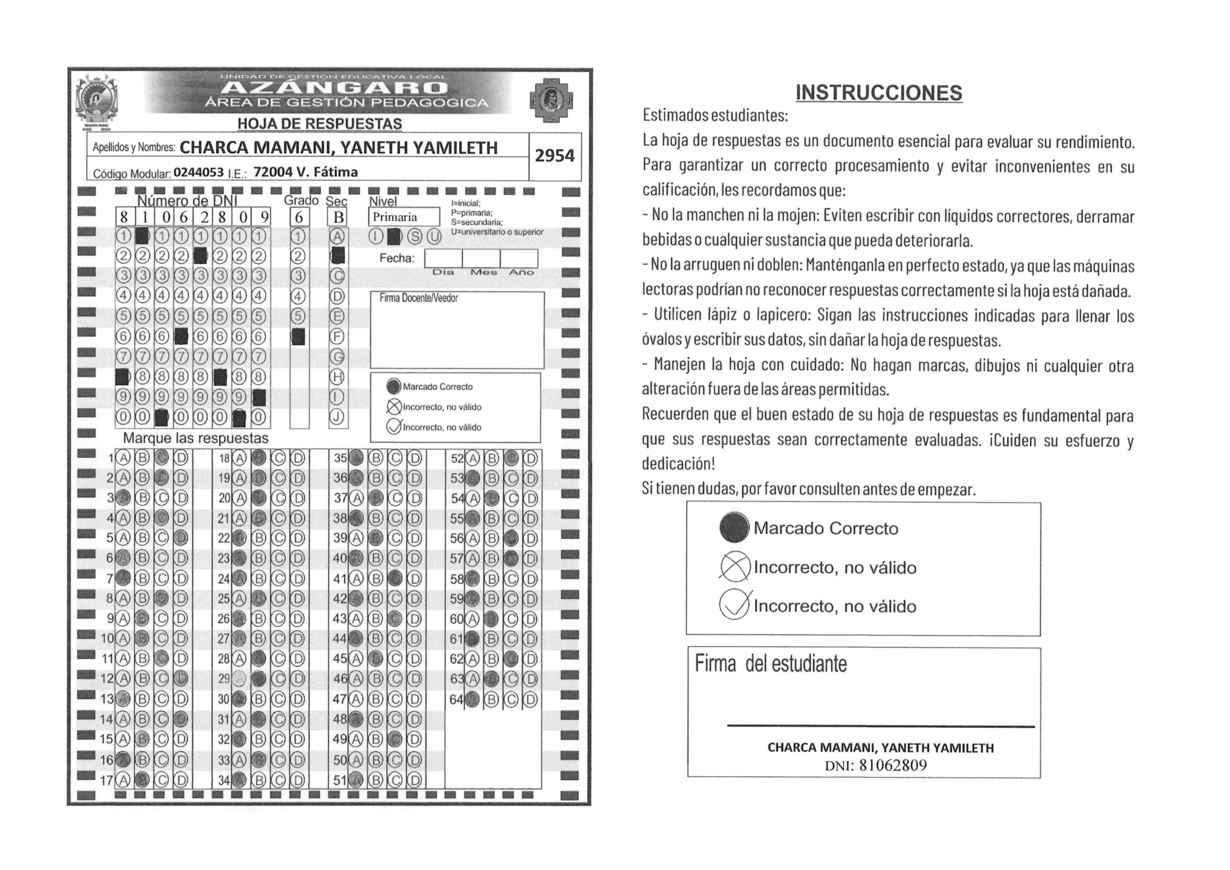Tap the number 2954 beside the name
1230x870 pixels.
pyautogui.click(x=554, y=155)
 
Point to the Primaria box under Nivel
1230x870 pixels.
pyautogui.click(x=403, y=217)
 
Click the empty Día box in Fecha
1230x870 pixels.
pyautogui.click(x=443, y=258)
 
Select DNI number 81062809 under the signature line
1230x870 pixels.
pyautogui.click(x=893, y=765)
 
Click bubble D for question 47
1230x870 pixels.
pyautogui.click(x=414, y=700)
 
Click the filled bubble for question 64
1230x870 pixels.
pyautogui.click(x=472, y=700)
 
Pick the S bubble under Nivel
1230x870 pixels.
pyautogui.click(x=414, y=236)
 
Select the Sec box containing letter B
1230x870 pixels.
pyautogui.click(x=338, y=217)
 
